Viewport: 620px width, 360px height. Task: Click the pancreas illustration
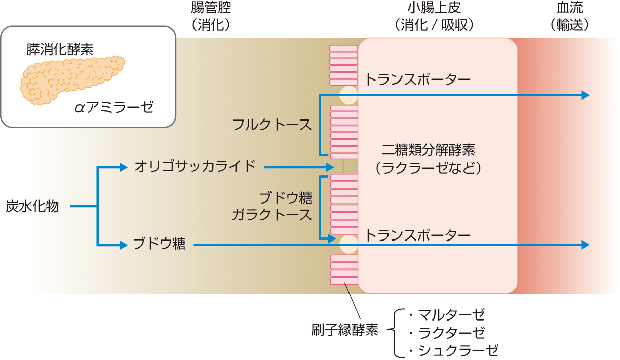[x=71, y=78]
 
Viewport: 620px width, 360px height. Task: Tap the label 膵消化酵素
[x=60, y=49]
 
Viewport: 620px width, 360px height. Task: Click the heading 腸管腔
[x=207, y=9]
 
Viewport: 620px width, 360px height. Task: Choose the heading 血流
[x=569, y=9]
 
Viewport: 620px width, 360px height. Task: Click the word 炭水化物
[x=32, y=206]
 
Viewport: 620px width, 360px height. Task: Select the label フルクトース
[x=272, y=125]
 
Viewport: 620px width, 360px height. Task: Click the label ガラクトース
[x=272, y=215]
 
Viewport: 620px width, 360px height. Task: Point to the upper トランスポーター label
[x=418, y=79]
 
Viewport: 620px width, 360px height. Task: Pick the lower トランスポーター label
[x=418, y=235]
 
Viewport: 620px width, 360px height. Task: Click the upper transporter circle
[x=348, y=95]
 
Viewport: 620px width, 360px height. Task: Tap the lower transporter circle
[x=348, y=245]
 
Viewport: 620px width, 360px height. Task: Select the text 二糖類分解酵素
[x=428, y=150]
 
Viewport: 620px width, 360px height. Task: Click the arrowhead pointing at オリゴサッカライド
[x=123, y=166]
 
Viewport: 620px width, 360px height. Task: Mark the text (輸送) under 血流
[x=569, y=25]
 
